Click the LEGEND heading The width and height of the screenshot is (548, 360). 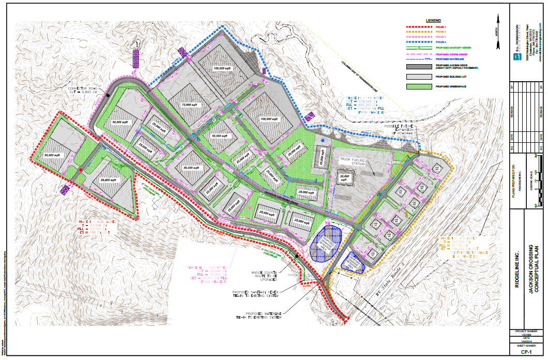433,20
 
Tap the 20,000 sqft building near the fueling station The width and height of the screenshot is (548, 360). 345,177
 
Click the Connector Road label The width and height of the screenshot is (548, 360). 83,89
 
